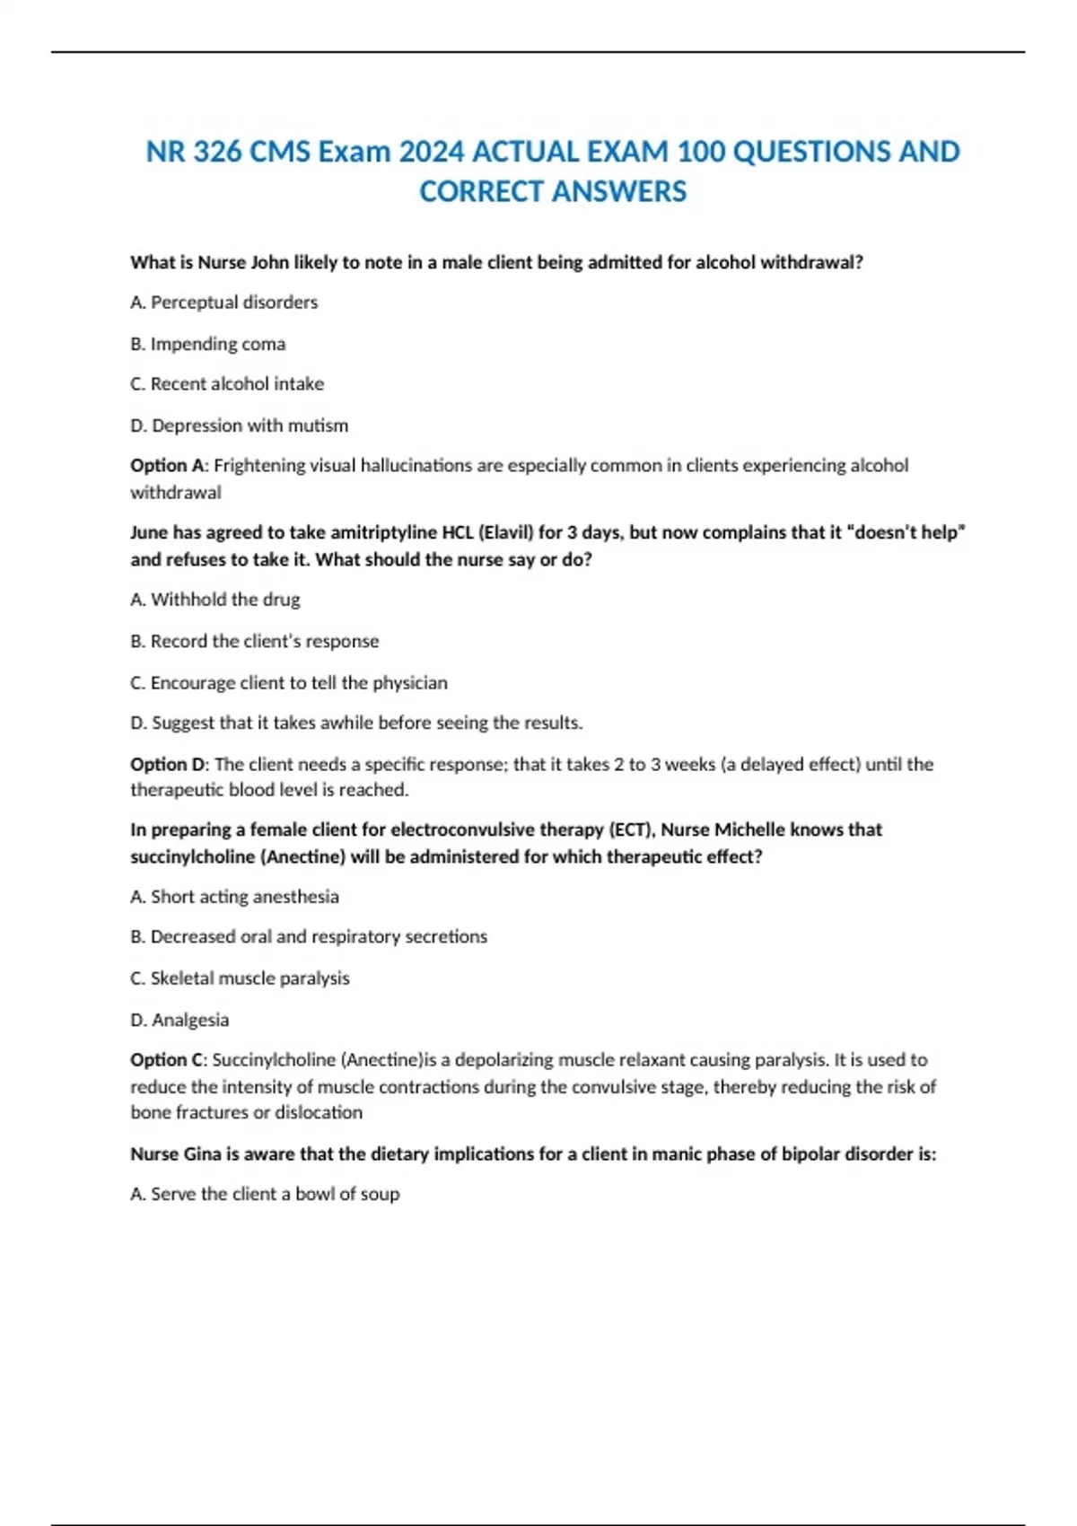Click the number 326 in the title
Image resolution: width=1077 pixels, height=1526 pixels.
216,152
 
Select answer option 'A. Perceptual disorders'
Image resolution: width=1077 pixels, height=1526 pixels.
224,303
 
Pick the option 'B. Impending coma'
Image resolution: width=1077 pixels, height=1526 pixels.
208,344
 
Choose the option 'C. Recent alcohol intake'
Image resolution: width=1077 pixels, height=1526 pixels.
227,384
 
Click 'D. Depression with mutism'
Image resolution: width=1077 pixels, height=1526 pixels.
240,425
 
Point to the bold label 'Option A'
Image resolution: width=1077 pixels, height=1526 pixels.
167,466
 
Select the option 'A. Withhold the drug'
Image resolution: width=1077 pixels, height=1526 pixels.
215,600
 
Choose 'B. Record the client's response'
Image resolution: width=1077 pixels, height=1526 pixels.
255,641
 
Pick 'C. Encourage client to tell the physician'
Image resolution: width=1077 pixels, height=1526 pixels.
289,682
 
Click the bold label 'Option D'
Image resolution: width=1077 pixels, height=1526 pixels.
168,764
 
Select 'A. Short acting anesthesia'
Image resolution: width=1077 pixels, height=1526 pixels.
235,897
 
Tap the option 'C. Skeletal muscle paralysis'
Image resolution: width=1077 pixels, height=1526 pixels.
241,978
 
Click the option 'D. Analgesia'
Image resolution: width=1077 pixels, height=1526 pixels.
179,1020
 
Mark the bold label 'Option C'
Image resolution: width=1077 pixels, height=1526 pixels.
167,1060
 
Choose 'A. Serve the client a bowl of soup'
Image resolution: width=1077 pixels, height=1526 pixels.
266,1194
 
